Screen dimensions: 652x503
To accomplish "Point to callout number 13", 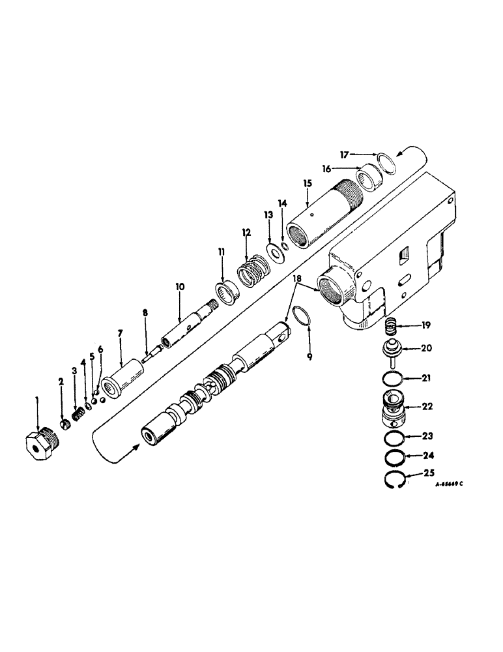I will [268, 215].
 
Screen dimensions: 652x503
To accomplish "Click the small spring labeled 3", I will [78, 413].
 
